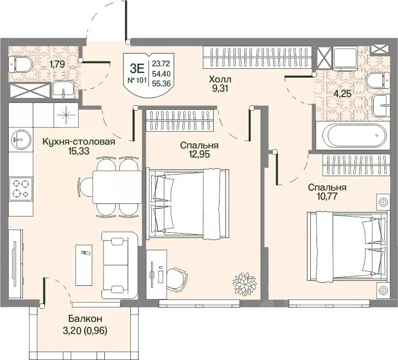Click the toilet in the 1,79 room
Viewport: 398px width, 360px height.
[x=20, y=64]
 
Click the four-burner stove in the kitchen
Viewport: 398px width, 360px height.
[x=21, y=189]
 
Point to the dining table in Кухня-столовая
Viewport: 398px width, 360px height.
[x=117, y=187]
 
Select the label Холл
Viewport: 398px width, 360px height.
[x=220, y=80]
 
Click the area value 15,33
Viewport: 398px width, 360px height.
[x=79, y=151]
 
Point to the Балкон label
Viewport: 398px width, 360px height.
[x=85, y=319]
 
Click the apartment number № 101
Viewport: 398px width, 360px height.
[x=137, y=80]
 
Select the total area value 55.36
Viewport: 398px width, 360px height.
[x=161, y=83]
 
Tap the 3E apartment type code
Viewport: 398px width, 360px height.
[x=137, y=68]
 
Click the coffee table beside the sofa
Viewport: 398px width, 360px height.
[x=84, y=265]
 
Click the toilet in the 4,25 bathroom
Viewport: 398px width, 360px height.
[x=378, y=80]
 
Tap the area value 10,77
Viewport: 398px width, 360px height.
[x=327, y=196]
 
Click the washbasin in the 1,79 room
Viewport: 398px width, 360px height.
[x=63, y=90]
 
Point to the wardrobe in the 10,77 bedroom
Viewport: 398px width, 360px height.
[x=356, y=165]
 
